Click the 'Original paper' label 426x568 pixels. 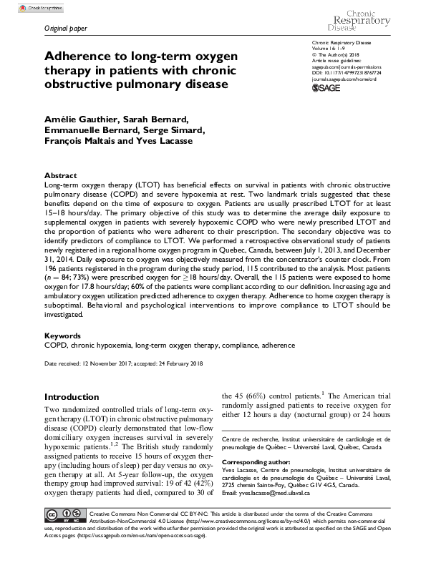tap(64, 29)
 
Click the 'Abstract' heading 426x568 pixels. tap(60, 175)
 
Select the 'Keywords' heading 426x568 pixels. tap(62, 335)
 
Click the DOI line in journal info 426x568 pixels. tap(357, 72)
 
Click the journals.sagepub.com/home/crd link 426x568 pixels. tap(349, 78)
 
